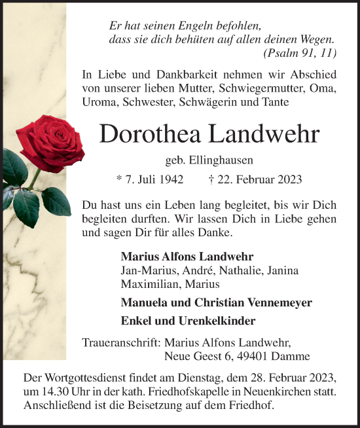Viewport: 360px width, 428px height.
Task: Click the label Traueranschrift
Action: click(122, 342)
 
